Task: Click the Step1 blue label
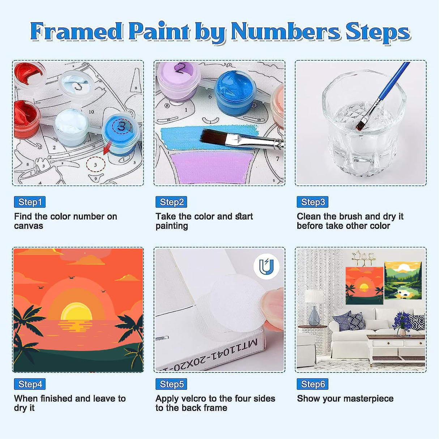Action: click(x=30, y=202)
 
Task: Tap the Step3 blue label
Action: click(x=312, y=202)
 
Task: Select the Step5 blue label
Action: click(x=171, y=384)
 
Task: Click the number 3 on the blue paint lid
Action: click(x=122, y=126)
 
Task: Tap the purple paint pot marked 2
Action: click(x=179, y=80)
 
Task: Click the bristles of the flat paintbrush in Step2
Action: click(x=213, y=138)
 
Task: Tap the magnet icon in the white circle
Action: click(x=267, y=267)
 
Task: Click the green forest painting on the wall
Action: click(x=403, y=281)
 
